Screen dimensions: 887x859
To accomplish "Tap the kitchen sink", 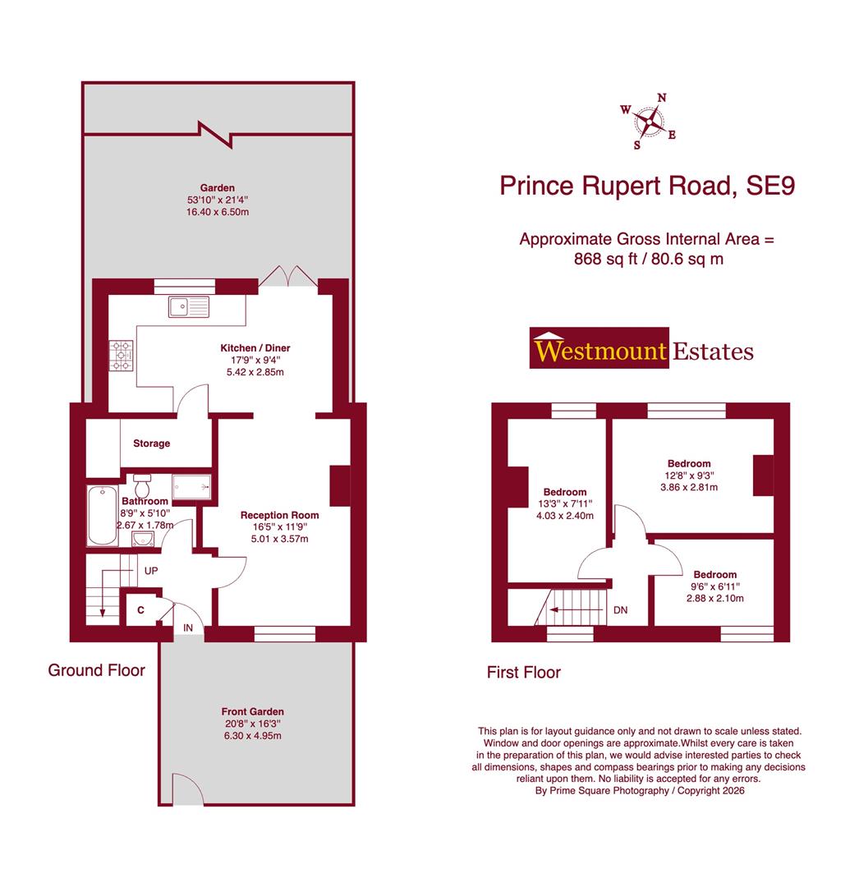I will (x=189, y=307).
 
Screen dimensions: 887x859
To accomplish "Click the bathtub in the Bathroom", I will (x=103, y=516).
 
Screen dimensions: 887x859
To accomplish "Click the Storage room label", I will (x=152, y=443).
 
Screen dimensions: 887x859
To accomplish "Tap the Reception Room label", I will (x=279, y=515).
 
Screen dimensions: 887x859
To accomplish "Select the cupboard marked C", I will (x=141, y=611).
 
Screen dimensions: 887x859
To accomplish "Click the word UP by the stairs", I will (x=151, y=569).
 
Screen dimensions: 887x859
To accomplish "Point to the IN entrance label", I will (x=188, y=627).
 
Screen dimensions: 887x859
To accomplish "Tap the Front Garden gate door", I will (x=186, y=790).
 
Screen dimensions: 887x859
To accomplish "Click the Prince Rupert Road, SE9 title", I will (x=647, y=185).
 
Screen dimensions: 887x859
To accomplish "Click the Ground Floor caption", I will (x=96, y=670).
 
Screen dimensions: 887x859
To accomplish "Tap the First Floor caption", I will (x=523, y=673).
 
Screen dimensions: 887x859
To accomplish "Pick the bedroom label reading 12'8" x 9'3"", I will (x=689, y=475).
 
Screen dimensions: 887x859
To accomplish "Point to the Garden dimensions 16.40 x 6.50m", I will (x=217, y=212).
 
